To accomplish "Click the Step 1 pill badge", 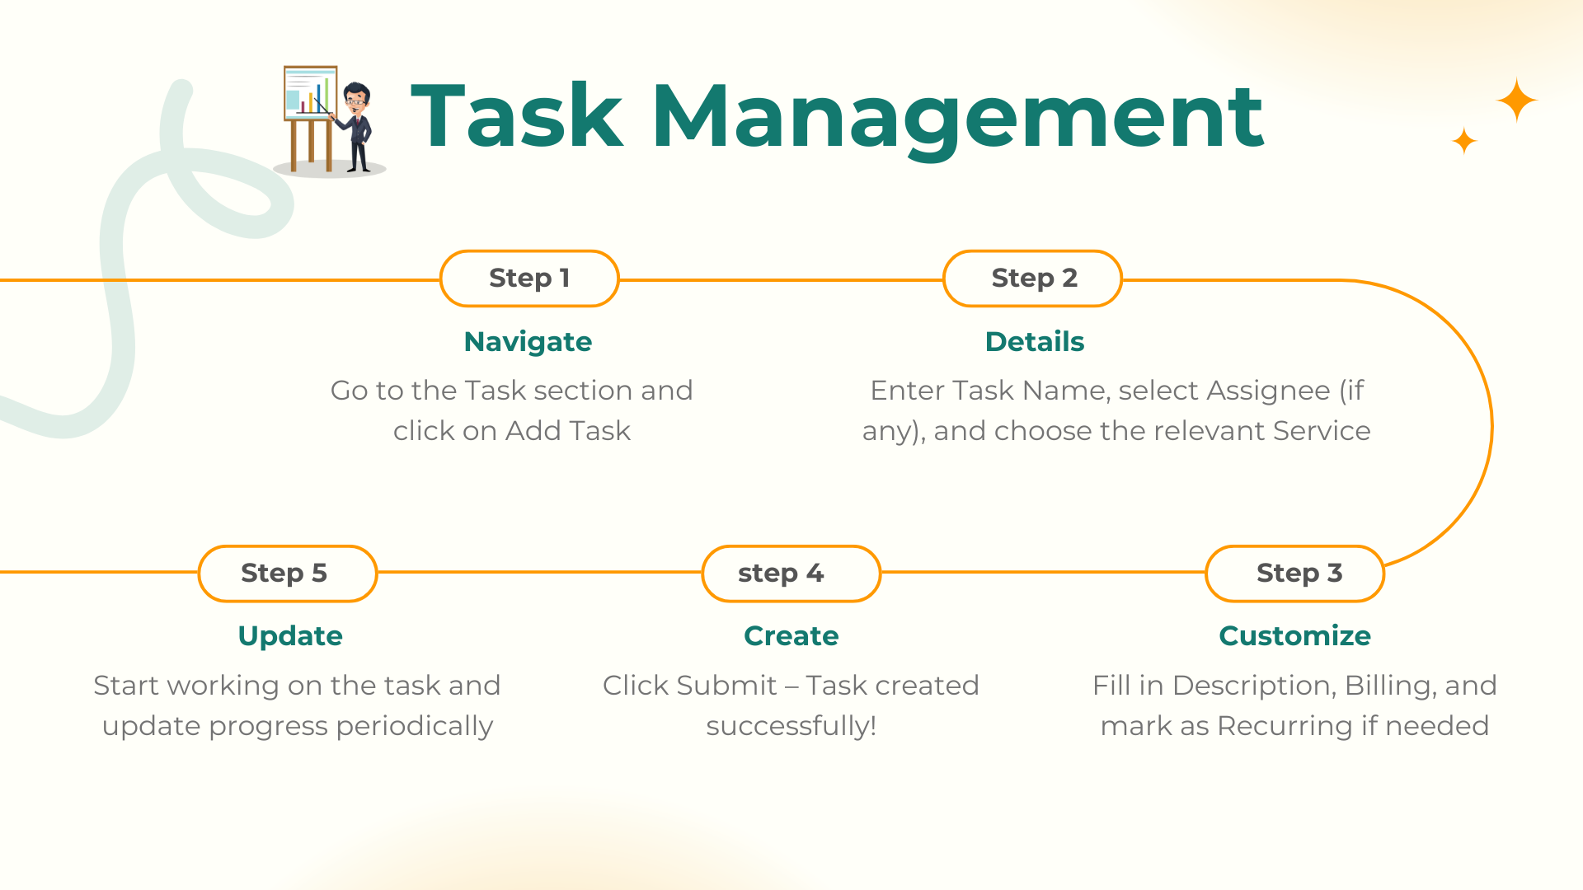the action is [x=529, y=279].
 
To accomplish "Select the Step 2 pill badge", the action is [x=1032, y=279].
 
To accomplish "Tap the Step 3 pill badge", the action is [x=1294, y=574].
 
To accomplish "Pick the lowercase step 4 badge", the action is [x=791, y=574].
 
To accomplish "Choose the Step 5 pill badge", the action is [x=288, y=574].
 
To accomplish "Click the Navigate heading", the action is [x=528, y=342].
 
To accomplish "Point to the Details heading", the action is [x=1035, y=341].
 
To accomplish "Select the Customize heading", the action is [x=1294, y=635].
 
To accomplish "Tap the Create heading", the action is [x=791, y=635].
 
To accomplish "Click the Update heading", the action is [x=290, y=636].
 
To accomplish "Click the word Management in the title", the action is [x=958, y=118].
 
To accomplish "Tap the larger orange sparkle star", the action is [x=1517, y=101].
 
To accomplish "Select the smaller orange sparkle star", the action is [x=1464, y=141].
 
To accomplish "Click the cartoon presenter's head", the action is [x=356, y=98].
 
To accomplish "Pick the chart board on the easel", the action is [x=311, y=92].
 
